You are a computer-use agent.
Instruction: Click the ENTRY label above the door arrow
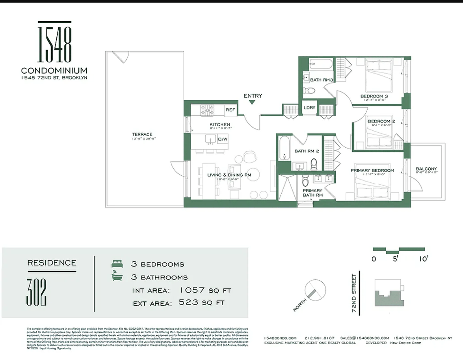[x=252, y=96]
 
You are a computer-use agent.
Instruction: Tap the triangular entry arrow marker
[x=252, y=103]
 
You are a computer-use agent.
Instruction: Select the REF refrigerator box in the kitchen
[x=230, y=110]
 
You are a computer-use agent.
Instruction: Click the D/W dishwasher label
[x=223, y=140]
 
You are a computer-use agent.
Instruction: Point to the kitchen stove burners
[x=207, y=111]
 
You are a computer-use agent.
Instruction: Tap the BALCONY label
[x=426, y=169]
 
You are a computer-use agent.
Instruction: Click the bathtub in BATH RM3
[x=321, y=64]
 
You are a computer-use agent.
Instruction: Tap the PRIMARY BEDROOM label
[x=372, y=170]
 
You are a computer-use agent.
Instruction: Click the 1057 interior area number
[x=193, y=290]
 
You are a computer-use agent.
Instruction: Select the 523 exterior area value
[x=191, y=303]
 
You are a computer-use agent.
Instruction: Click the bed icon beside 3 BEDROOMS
[x=117, y=264]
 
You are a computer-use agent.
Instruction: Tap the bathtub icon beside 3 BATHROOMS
[x=117, y=276]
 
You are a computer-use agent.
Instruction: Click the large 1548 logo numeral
[x=54, y=42]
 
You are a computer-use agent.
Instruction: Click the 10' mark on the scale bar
[x=422, y=259]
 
